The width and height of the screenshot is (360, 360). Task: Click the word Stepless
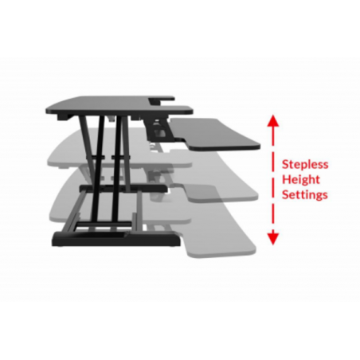coord(305,164)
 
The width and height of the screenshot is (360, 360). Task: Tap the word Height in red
coord(301,180)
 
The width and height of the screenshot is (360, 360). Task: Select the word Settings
coord(305,194)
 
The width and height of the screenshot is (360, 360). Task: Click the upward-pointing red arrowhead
coord(273,121)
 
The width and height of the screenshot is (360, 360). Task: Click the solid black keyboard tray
coord(215,134)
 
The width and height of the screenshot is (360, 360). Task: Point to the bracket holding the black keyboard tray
coord(158,130)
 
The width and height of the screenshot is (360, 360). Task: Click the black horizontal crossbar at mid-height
coord(123,188)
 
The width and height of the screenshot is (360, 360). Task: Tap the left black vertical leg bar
coord(98,169)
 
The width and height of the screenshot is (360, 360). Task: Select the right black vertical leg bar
coord(117,169)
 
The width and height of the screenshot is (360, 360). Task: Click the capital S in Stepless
coord(285,164)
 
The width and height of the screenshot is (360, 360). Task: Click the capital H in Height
coord(286,179)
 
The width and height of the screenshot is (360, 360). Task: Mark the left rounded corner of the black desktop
coord(48,110)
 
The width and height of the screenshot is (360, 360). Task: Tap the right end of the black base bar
coord(179,239)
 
